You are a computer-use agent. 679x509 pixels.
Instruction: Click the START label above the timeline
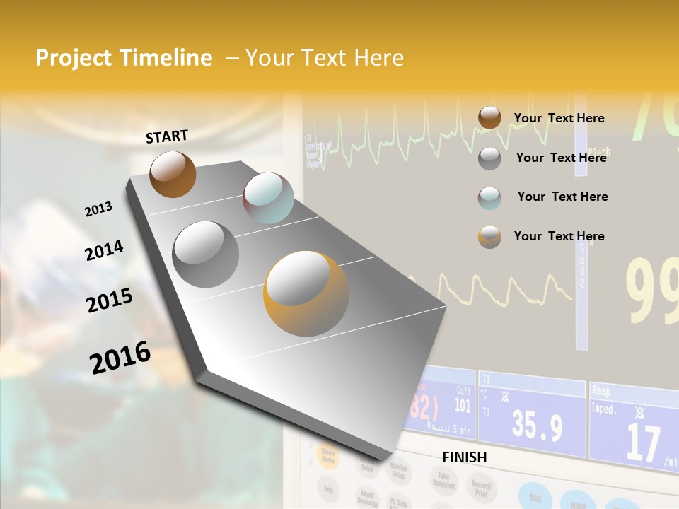point(167,136)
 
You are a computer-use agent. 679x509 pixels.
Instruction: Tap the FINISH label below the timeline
point(465,457)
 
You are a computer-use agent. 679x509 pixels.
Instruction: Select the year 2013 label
point(99,209)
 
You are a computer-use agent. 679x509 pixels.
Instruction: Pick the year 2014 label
point(104,250)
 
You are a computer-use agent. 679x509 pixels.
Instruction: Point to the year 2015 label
point(110,300)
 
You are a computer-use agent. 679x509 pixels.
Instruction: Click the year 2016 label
point(120,357)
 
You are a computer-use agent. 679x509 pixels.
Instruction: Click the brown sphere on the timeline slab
point(173,174)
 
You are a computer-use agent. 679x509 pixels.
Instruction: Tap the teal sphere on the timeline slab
point(268,198)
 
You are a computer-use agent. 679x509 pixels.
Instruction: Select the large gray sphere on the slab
point(206,254)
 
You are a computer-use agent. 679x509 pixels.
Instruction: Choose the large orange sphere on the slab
point(306,293)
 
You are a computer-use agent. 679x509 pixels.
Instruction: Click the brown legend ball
point(489,118)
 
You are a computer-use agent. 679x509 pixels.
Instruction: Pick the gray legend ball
point(489,158)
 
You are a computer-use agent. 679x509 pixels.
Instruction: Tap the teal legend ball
point(489,197)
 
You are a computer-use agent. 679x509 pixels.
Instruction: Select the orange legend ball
point(489,237)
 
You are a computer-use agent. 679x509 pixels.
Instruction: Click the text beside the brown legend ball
point(559,118)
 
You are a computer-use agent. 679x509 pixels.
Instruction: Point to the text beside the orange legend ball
point(559,236)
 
